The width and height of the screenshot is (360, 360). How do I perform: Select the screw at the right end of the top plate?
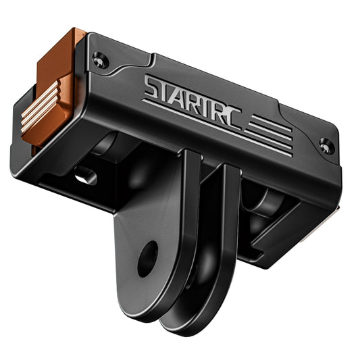326,145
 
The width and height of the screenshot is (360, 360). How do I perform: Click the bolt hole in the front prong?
147,259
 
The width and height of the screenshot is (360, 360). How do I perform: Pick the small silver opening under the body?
86,176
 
